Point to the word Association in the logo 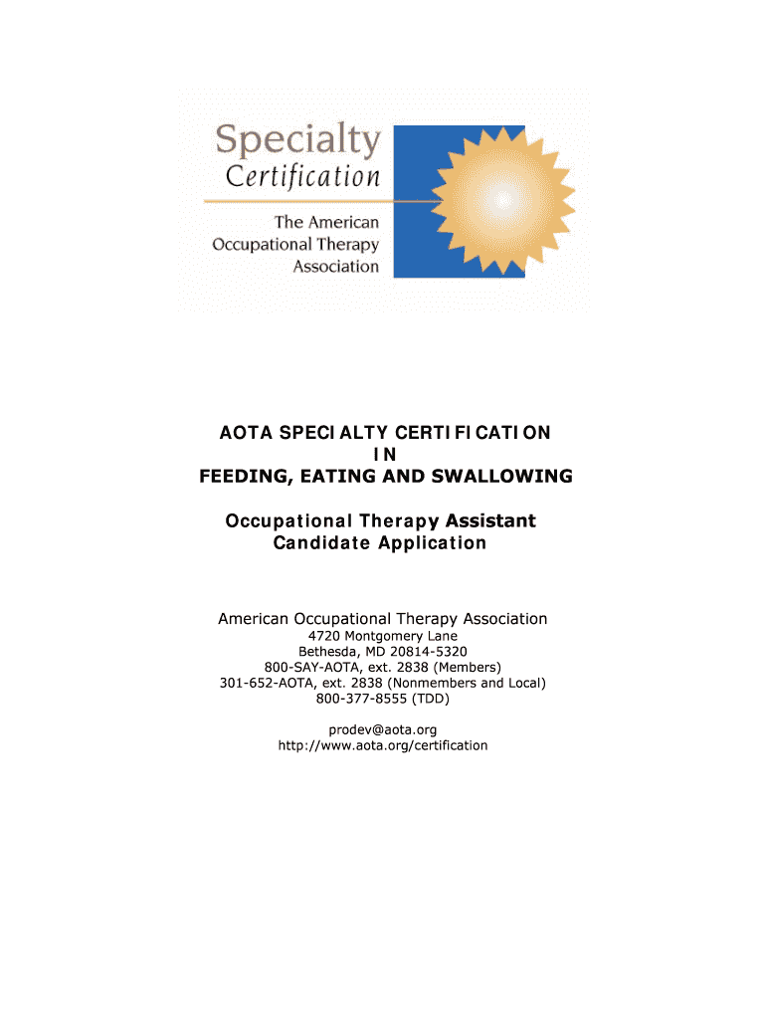point(335,267)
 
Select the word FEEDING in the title point(239,477)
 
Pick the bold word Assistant point(490,520)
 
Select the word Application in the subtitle point(432,543)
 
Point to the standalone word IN point(383,455)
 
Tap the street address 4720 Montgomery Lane point(383,635)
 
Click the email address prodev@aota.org point(383,729)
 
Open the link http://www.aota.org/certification point(383,745)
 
